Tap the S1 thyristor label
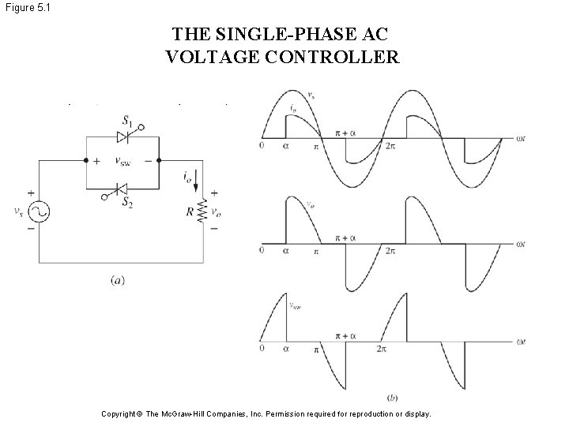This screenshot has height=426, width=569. (x=127, y=121)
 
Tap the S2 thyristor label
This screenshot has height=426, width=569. (x=126, y=201)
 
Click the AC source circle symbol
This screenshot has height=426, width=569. (x=38, y=211)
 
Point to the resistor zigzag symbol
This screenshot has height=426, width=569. (x=202, y=211)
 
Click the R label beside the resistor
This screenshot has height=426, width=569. (x=189, y=211)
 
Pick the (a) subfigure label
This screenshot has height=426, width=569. (x=117, y=279)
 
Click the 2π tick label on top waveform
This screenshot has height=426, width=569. (x=390, y=146)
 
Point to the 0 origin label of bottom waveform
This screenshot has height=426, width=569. (x=262, y=349)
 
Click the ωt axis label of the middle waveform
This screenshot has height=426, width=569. (x=521, y=245)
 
